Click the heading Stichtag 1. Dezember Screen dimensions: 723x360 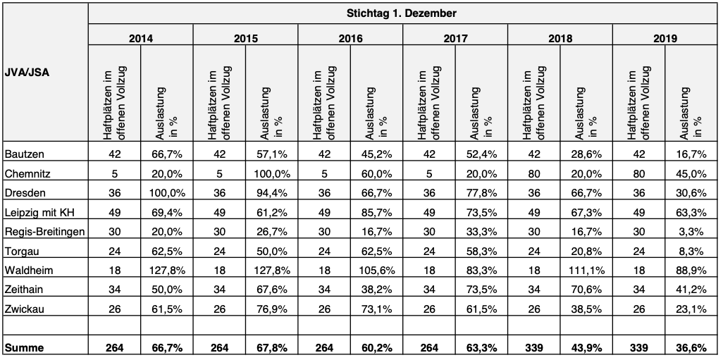[401, 13]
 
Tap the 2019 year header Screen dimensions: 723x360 [665, 38]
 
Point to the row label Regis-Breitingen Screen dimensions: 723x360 [44, 231]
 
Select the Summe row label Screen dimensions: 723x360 [24, 348]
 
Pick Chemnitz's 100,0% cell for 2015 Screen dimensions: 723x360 [272, 173]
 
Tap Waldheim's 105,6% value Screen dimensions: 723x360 [377, 270]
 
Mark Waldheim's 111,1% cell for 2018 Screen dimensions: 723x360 [586, 270]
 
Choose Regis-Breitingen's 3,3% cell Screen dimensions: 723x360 [695, 231]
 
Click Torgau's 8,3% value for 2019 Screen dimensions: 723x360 [695, 251]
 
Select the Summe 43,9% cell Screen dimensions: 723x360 [586, 348]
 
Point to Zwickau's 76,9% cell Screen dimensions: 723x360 [272, 309]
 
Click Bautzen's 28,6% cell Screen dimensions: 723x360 [586, 154]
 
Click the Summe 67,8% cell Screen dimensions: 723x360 [272, 348]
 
